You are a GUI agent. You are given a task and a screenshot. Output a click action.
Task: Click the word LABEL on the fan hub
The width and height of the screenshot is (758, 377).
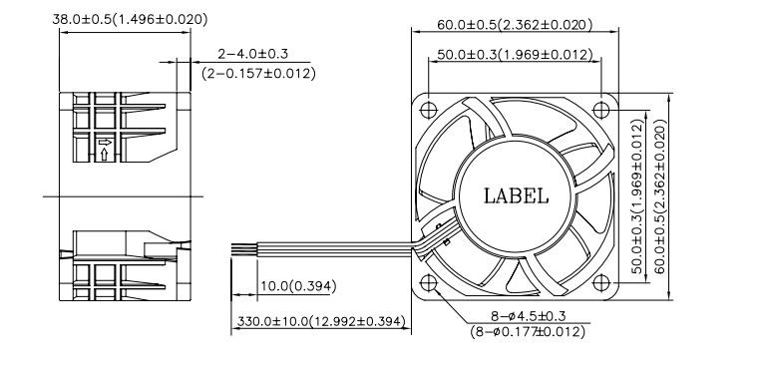pyautogui.click(x=516, y=196)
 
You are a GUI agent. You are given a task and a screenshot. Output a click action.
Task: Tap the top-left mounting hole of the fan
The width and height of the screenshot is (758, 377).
pyautogui.click(x=428, y=110)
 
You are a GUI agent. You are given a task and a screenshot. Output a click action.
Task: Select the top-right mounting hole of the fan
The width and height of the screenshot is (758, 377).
pyautogui.click(x=600, y=110)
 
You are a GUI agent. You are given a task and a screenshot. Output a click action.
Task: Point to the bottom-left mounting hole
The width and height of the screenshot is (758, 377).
pyautogui.click(x=428, y=283)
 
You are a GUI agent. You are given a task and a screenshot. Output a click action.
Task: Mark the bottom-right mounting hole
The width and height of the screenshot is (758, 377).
pyautogui.click(x=600, y=283)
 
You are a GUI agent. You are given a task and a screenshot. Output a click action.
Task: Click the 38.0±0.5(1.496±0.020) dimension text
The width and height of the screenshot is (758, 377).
pyautogui.click(x=130, y=19)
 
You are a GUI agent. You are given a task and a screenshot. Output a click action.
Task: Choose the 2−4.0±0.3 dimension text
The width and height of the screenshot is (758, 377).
pyautogui.click(x=252, y=54)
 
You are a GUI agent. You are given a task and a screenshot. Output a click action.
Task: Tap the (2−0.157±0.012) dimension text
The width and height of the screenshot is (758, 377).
pyautogui.click(x=258, y=74)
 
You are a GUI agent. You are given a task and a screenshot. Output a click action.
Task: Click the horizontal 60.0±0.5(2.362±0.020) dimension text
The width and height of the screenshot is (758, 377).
pyautogui.click(x=515, y=24)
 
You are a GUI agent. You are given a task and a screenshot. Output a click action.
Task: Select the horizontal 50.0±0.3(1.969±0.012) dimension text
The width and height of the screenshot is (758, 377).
pyautogui.click(x=515, y=55)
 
